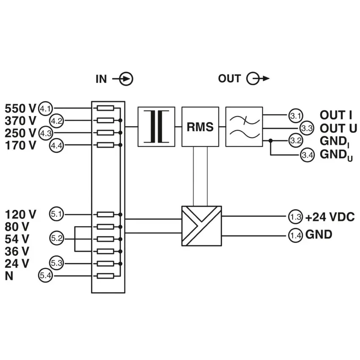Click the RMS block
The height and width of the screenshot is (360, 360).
click(x=200, y=127)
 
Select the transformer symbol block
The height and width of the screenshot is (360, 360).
click(x=156, y=127)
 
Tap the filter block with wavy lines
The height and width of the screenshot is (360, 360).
click(x=244, y=127)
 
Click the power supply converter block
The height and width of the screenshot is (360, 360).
click(x=202, y=226)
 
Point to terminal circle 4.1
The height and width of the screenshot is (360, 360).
click(x=45, y=108)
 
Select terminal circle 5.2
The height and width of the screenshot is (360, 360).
click(x=56, y=238)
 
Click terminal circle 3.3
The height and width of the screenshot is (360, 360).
click(x=307, y=128)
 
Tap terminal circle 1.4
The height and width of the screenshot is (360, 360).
click(x=296, y=235)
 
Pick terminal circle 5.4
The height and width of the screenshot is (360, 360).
click(x=45, y=275)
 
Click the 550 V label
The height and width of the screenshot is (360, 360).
click(x=20, y=108)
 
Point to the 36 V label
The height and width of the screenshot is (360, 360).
click(x=17, y=252)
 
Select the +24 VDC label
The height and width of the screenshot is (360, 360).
click(x=330, y=217)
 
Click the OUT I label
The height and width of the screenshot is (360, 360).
click(x=336, y=115)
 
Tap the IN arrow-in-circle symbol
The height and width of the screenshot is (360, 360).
click(x=123, y=79)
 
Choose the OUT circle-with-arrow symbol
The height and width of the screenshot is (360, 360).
click(x=258, y=78)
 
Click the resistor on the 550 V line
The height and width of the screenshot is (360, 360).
click(x=105, y=108)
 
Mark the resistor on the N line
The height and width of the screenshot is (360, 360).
click(x=105, y=276)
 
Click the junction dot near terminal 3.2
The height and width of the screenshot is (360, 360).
click(x=271, y=140)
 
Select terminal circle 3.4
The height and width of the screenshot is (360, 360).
click(x=307, y=155)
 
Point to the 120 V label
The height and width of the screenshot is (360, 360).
click(x=20, y=215)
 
